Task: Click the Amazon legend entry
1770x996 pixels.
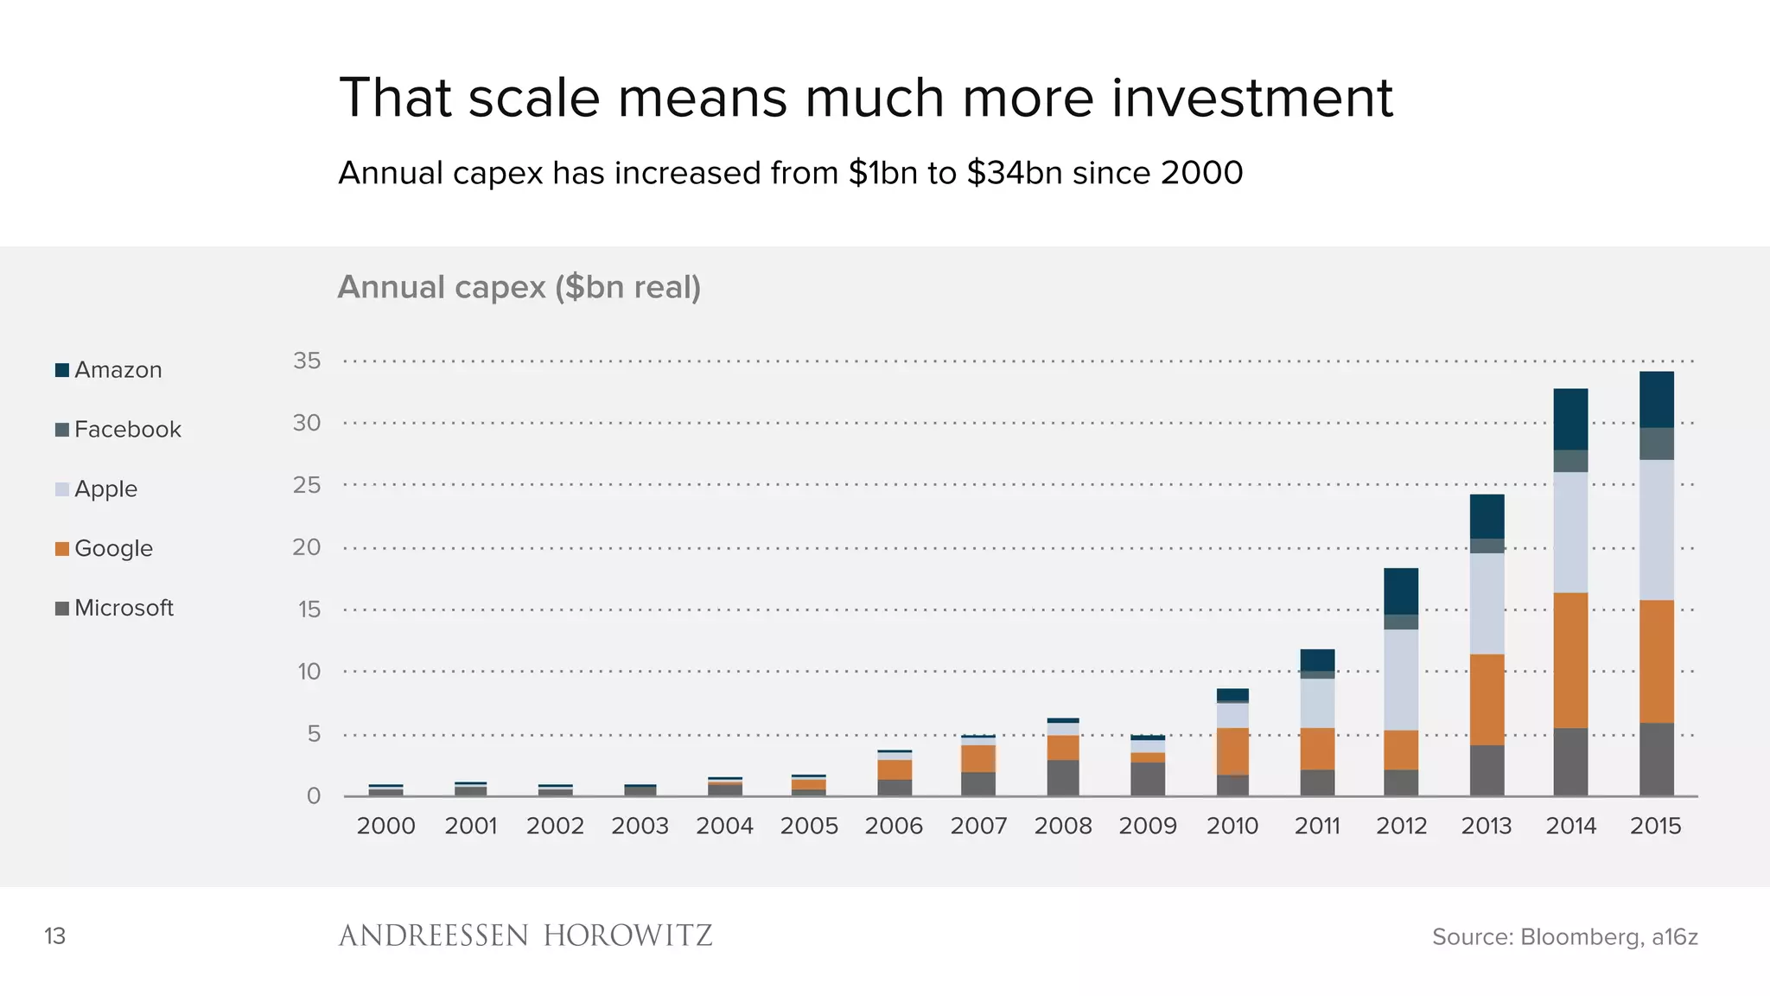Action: (x=109, y=370)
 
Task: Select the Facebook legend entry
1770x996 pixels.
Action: (x=118, y=430)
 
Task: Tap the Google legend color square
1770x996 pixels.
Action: (x=62, y=549)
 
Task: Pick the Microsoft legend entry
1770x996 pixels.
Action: (x=115, y=608)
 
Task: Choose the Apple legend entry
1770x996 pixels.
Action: (x=97, y=489)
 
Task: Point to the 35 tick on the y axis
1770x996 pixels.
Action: (x=307, y=361)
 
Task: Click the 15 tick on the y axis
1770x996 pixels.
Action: (x=309, y=610)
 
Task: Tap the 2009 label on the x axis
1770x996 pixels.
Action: (x=1148, y=826)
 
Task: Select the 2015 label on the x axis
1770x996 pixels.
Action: (x=1655, y=826)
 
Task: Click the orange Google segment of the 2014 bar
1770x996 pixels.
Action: (x=1570, y=660)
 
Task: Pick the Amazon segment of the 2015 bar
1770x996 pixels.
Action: (x=1656, y=399)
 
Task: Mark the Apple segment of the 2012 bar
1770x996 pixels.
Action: (x=1401, y=680)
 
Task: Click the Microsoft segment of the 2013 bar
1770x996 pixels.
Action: (x=1487, y=770)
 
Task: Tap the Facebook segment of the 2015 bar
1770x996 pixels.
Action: (x=1656, y=444)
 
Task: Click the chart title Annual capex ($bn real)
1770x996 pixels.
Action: (x=519, y=287)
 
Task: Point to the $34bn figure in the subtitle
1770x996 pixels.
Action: (x=1014, y=173)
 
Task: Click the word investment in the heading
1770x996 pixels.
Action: (x=1251, y=98)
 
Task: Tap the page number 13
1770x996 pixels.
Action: (x=54, y=936)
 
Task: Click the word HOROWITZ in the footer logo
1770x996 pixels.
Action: (x=627, y=935)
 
